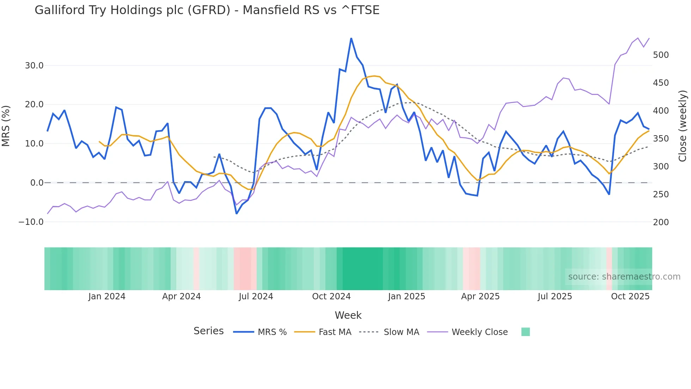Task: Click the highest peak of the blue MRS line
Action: pos(351,38)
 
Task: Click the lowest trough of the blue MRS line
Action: pos(237,214)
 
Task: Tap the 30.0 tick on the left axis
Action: pos(34,65)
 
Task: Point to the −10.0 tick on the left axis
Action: pos(31,222)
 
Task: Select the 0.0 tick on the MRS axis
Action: pos(37,182)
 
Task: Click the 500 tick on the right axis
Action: pos(661,55)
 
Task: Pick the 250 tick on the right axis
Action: pos(661,194)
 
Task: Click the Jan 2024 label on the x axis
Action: pos(107,296)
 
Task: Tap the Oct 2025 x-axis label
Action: pos(630,296)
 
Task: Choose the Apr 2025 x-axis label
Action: pos(480,296)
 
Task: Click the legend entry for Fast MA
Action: pos(335,332)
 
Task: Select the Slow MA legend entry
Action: pos(401,332)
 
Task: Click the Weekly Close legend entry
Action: pos(479,332)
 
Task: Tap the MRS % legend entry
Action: pos(272,332)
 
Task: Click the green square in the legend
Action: pos(525,332)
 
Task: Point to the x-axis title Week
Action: pos(348,315)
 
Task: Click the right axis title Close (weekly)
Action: pos(683,126)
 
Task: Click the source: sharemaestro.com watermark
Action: pos(624,276)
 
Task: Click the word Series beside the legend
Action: pos(208,331)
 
